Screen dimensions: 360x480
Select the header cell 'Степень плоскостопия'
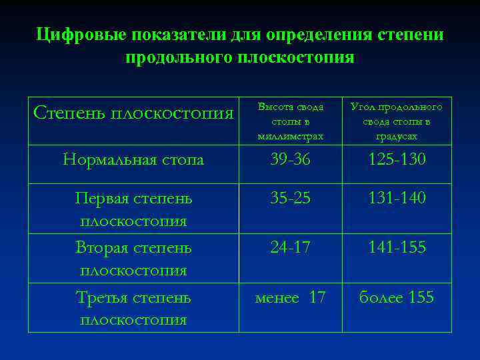(x=133, y=112)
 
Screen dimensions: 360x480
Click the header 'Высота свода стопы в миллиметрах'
(x=291, y=121)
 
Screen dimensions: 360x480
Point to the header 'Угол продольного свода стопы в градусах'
(x=397, y=121)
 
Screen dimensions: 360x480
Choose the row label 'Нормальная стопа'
(x=133, y=160)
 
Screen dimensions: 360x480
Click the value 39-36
(x=291, y=160)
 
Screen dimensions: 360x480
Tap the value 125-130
(x=397, y=160)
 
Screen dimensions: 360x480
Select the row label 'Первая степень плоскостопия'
(x=133, y=209)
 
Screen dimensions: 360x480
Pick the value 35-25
(x=291, y=199)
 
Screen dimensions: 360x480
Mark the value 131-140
(x=397, y=199)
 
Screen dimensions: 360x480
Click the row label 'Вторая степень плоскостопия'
(x=133, y=259)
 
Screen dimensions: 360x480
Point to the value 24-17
(x=291, y=248)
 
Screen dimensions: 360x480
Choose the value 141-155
(x=397, y=248)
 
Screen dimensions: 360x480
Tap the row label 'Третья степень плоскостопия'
(x=133, y=308)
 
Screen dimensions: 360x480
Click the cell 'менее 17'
(x=291, y=298)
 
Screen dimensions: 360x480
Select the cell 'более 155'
(x=397, y=298)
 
